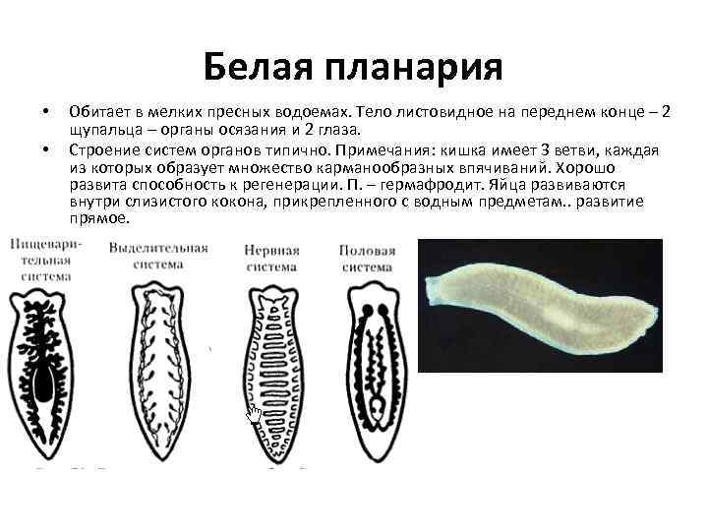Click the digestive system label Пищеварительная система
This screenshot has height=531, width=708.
[45, 258]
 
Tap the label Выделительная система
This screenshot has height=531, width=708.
[158, 256]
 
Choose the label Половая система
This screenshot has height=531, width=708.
[367, 258]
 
